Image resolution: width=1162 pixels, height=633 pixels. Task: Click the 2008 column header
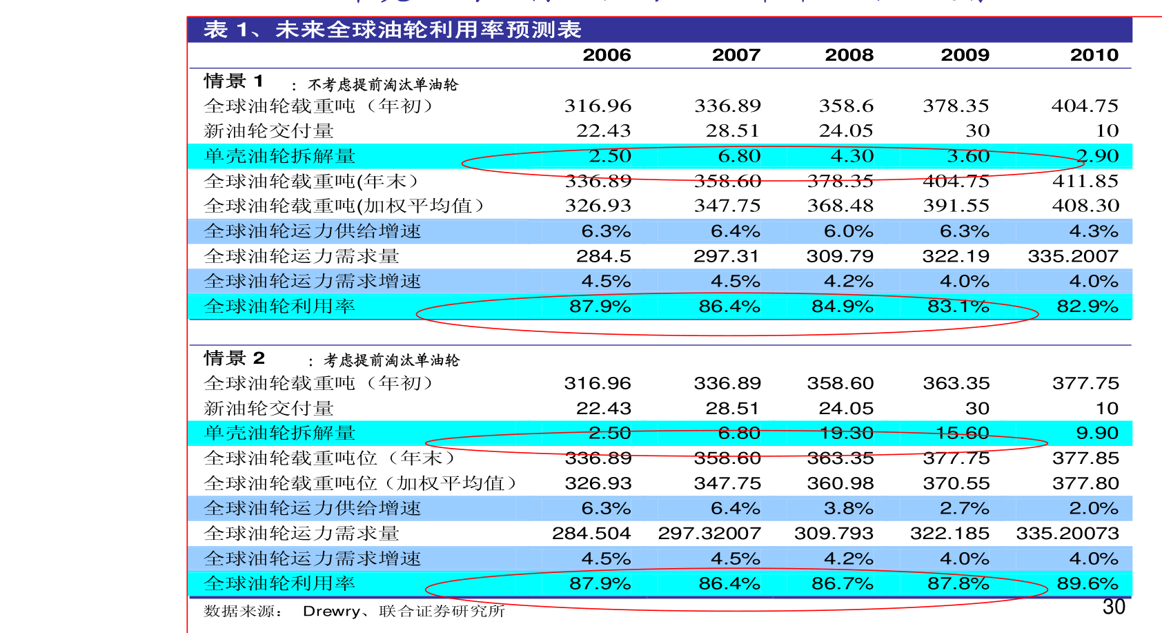[x=849, y=55]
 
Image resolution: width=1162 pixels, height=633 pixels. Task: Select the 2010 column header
[x=1094, y=55]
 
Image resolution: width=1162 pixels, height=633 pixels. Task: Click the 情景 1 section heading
[x=233, y=81]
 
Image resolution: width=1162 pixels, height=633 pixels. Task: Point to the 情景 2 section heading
[x=234, y=358]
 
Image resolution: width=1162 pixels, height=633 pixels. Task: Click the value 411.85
[x=1085, y=181]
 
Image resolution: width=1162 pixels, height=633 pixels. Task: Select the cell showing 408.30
[x=1085, y=206]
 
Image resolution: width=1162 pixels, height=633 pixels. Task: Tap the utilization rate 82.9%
[x=1087, y=306]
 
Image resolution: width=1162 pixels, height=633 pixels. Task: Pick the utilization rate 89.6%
[x=1087, y=583]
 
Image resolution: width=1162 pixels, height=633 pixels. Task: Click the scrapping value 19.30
[x=846, y=434]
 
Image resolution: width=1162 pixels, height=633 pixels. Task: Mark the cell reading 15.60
[x=962, y=434]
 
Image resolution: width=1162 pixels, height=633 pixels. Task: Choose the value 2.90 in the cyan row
[x=1097, y=156]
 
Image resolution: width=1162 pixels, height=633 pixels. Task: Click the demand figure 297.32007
[x=709, y=534]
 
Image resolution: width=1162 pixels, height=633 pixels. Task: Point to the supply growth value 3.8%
[x=848, y=509]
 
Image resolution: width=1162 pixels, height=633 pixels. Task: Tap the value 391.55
[x=956, y=206]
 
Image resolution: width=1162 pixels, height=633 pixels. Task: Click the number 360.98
[x=840, y=483]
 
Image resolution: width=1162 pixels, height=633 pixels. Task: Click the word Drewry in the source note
[x=331, y=611]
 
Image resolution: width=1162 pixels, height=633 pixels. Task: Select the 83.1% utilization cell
[x=958, y=306]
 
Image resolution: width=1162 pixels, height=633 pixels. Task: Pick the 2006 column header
[x=607, y=55]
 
